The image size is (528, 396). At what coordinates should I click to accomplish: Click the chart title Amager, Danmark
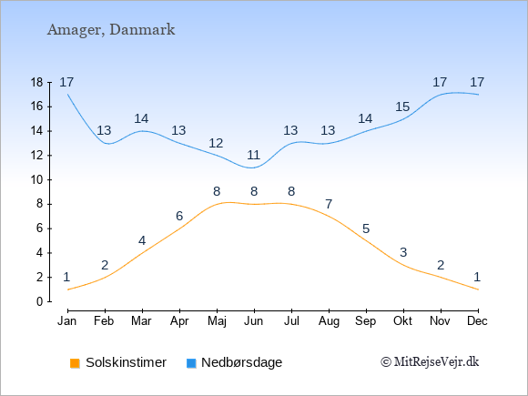pos(111,30)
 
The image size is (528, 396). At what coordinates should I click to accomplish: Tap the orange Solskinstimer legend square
pos(75,363)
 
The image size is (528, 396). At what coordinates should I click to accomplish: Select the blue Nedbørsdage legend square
pos(191,363)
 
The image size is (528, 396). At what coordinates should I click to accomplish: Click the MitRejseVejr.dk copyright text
pos(430,362)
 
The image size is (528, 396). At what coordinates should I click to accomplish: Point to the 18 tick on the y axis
pos(36,82)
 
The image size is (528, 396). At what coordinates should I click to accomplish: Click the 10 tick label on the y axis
pos(36,180)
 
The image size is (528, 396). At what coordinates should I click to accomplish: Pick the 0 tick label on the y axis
pos(40,301)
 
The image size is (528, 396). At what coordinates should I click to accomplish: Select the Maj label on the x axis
pos(217,321)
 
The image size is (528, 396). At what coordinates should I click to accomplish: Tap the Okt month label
pos(402,321)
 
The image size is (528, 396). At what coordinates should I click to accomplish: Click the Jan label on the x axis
pos(67,321)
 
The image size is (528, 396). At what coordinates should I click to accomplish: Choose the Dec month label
pos(478,321)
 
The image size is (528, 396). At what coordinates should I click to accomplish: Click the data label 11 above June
pos(254,156)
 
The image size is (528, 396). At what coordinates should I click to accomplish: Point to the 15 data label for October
pos(402,107)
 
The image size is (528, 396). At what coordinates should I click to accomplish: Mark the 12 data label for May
pos(216,144)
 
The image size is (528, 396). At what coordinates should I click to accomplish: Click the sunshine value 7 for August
pos(329,204)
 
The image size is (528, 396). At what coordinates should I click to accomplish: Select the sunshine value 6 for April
pos(179,216)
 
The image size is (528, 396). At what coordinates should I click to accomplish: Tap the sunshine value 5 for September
pos(366,229)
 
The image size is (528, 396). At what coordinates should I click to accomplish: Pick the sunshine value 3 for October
pos(403,252)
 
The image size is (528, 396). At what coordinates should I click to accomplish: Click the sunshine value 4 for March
pos(142,240)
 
